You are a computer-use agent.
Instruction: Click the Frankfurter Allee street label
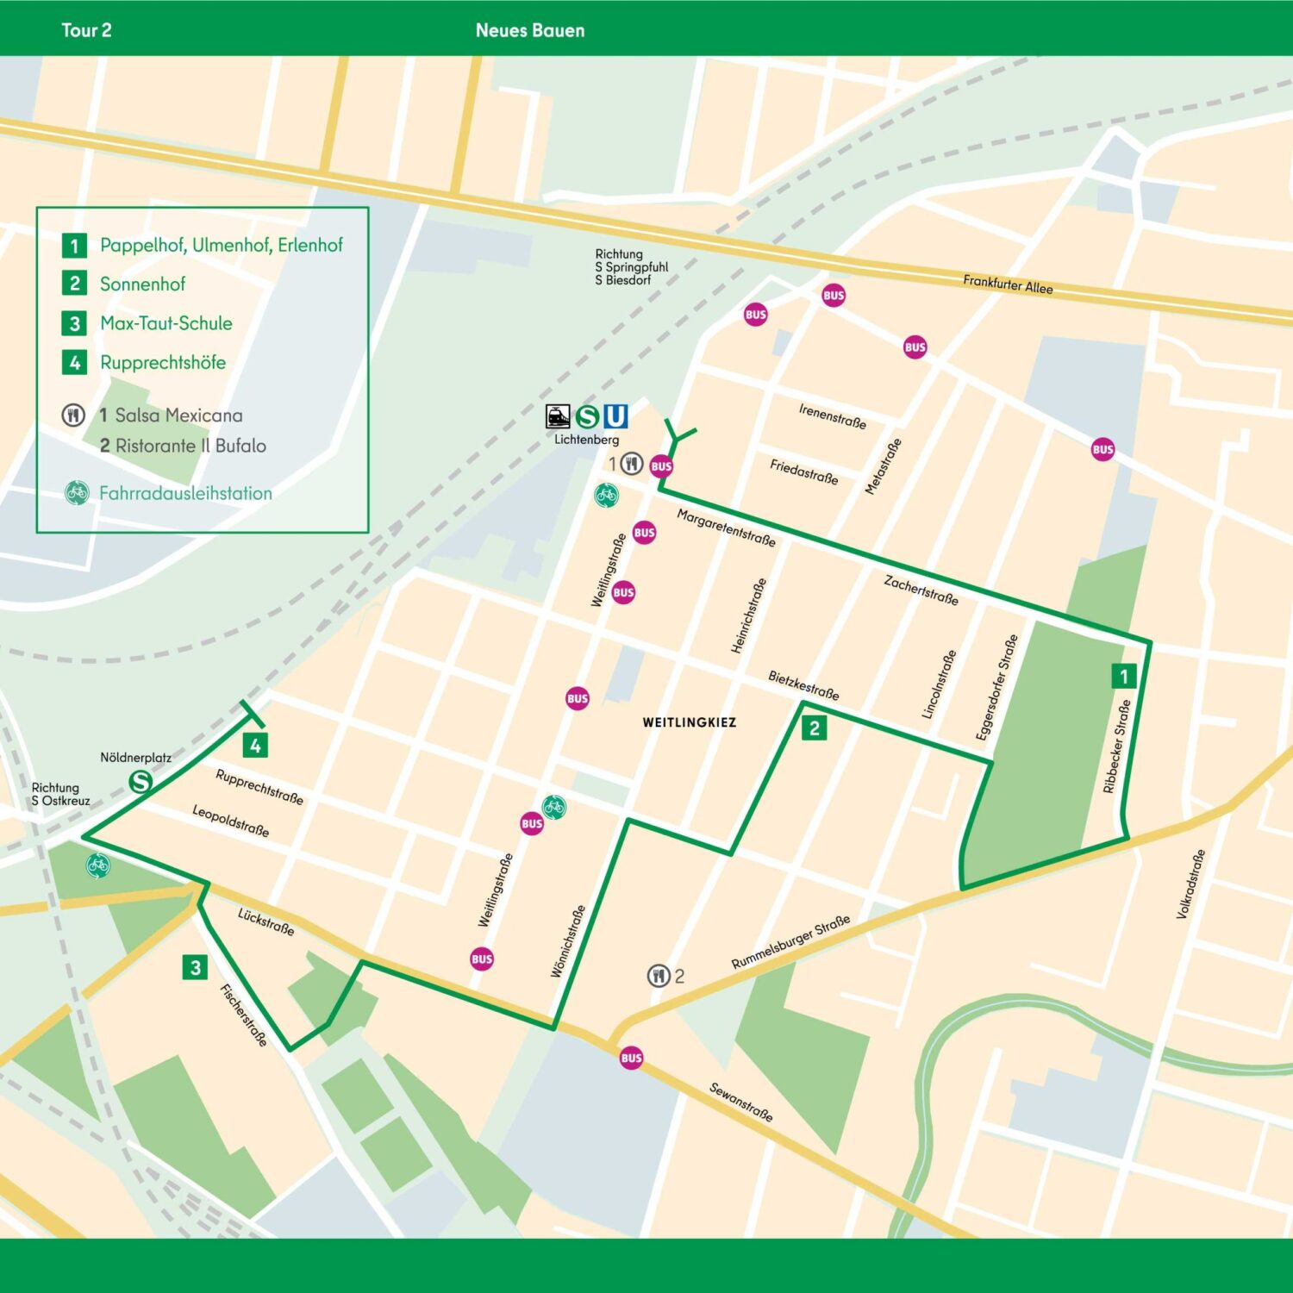click(1008, 284)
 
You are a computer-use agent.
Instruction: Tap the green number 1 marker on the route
click(1123, 676)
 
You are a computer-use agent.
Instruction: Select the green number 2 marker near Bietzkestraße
click(814, 728)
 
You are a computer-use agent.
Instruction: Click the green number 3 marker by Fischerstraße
click(196, 967)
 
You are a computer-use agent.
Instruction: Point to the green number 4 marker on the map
click(255, 746)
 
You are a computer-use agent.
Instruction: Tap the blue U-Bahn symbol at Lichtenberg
click(615, 416)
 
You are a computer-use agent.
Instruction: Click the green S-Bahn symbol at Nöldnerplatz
click(141, 782)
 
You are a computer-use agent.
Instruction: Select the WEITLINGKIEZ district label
click(689, 722)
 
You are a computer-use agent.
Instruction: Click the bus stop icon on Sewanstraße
click(631, 1058)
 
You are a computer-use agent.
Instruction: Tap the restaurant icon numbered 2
click(659, 976)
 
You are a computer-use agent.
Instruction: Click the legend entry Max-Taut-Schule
click(166, 323)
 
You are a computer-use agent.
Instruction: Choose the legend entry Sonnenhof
click(142, 284)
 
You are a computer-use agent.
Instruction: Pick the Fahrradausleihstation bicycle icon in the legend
click(77, 493)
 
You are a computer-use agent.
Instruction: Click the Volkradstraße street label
click(1190, 884)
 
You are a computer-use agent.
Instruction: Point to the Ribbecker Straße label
click(1116, 746)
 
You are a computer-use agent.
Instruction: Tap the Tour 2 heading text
click(86, 30)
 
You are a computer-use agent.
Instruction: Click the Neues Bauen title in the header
click(529, 30)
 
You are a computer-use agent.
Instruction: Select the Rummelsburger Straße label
click(790, 942)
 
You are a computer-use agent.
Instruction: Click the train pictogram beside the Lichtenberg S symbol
click(559, 416)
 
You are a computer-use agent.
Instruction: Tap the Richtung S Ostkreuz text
click(60, 794)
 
